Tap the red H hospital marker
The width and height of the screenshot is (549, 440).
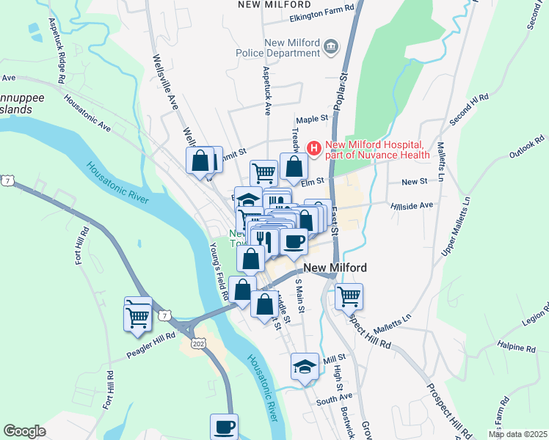314,149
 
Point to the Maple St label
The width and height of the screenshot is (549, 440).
310,119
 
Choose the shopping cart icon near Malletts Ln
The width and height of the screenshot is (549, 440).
349,297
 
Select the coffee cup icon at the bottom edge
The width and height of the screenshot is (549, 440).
225,426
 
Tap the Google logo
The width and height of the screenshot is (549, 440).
24,431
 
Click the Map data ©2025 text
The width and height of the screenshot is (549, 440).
517,434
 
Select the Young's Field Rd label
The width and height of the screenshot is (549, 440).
219,271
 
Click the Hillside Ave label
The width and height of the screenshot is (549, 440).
412,206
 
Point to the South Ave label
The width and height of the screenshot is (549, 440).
335,400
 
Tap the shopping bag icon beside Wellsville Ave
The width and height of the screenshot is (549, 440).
200,161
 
